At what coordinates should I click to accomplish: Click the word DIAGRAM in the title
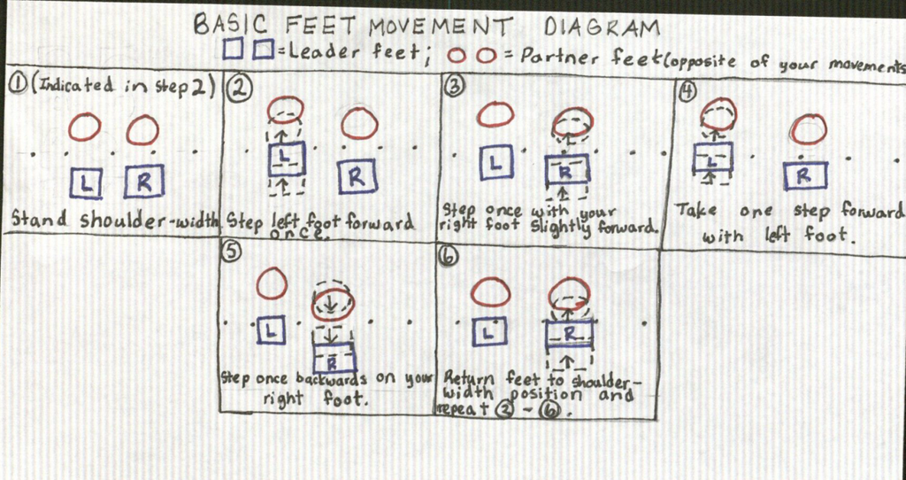[601, 27]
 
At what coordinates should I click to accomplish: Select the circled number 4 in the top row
[687, 92]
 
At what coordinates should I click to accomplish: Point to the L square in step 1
[87, 182]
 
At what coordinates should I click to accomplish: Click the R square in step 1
[144, 181]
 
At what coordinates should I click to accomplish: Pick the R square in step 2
[357, 176]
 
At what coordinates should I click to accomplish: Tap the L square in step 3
[495, 161]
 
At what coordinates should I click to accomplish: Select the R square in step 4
[805, 176]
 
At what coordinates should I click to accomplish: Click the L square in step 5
[271, 331]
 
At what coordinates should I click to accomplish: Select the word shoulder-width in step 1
[150, 221]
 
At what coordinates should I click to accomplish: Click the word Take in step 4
[696, 211]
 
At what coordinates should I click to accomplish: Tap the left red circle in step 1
[85, 128]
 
